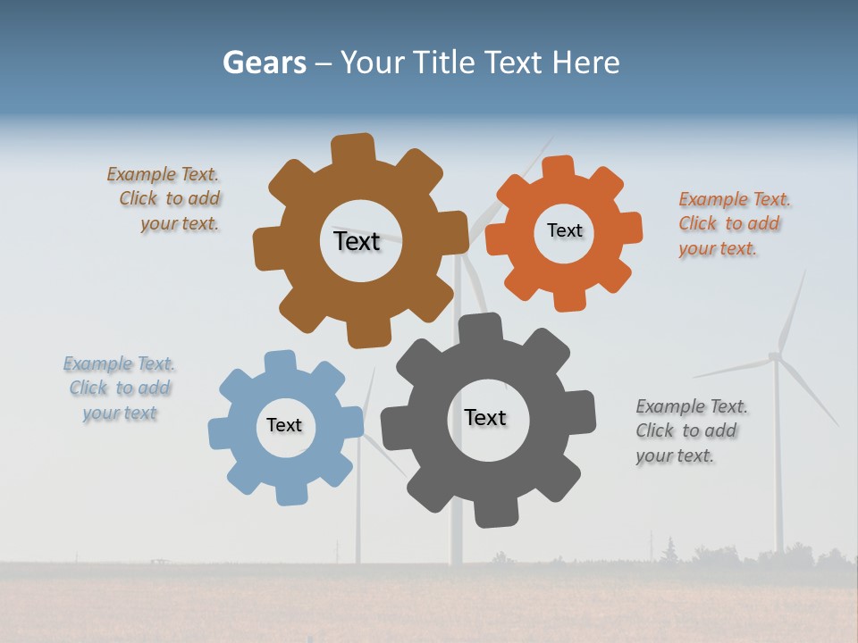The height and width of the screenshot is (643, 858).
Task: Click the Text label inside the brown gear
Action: tap(357, 241)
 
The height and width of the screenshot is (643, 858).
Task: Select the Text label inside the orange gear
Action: tap(564, 230)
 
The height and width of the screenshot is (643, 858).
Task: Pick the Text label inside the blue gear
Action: tap(284, 425)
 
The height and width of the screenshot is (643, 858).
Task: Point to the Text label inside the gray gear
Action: tap(485, 417)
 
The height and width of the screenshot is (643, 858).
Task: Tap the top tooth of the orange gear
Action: tap(559, 169)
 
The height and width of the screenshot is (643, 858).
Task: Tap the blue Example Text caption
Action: tap(119, 388)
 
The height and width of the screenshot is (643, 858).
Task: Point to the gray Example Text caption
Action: tap(690, 431)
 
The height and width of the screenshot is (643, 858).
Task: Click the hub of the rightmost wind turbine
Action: tap(775, 357)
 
